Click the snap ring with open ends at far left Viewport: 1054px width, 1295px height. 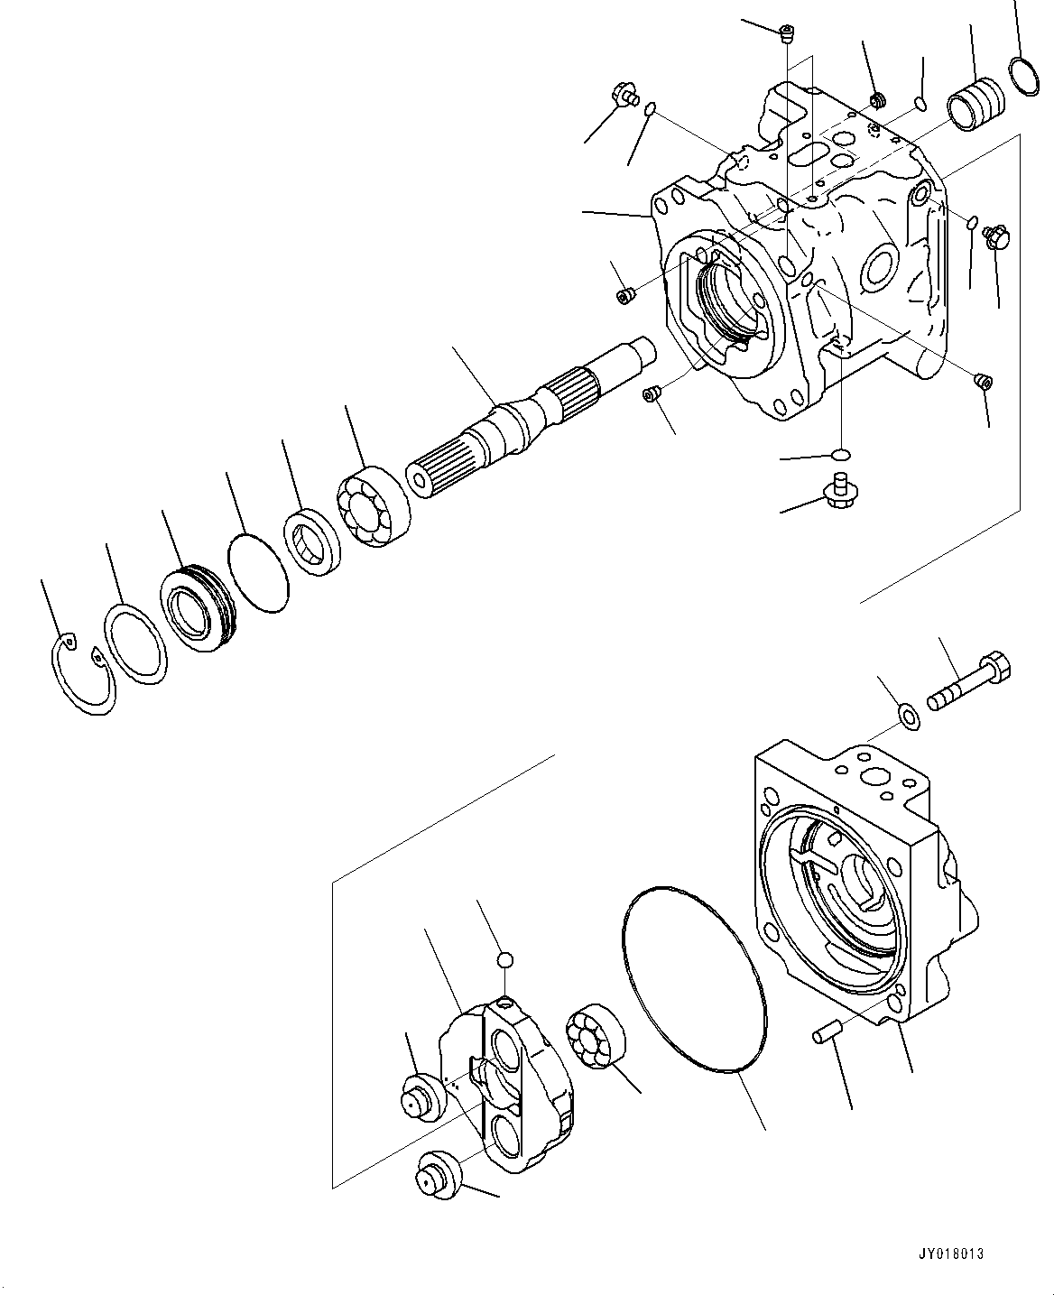pyautogui.click(x=80, y=674)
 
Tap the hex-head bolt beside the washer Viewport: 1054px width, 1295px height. pyautogui.click(x=971, y=683)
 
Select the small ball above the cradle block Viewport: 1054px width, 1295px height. pyautogui.click(x=506, y=959)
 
